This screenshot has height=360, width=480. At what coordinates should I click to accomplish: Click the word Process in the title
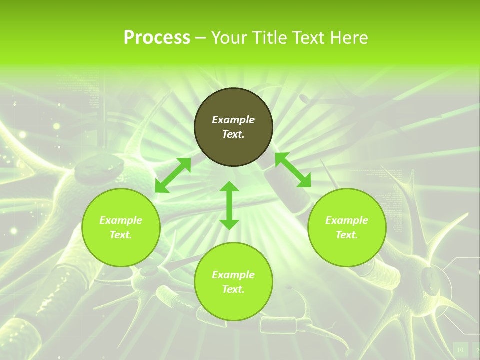click(x=157, y=38)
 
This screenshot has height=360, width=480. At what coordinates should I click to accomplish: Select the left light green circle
click(x=121, y=250)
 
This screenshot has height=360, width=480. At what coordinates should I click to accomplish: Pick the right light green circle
click(x=347, y=250)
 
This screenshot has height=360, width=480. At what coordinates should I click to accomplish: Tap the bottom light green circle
click(x=233, y=305)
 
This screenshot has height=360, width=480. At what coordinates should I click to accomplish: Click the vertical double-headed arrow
click(x=229, y=205)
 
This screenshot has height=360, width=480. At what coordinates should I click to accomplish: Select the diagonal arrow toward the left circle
click(x=173, y=175)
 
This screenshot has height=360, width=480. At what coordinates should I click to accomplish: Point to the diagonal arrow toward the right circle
click(x=293, y=170)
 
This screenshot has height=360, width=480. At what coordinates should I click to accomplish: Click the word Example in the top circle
click(x=233, y=120)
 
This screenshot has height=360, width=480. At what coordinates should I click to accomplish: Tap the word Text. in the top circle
click(x=233, y=134)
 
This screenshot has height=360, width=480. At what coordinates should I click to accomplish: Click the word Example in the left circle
click(x=121, y=220)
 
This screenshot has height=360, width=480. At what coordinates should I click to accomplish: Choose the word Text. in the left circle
click(x=121, y=235)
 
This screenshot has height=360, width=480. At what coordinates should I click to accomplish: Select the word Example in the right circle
click(x=347, y=220)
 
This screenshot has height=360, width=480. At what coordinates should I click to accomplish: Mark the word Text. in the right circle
click(x=347, y=235)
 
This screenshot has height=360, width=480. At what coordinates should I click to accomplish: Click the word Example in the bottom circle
click(x=233, y=275)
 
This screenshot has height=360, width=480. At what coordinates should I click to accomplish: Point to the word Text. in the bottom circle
click(x=233, y=289)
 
